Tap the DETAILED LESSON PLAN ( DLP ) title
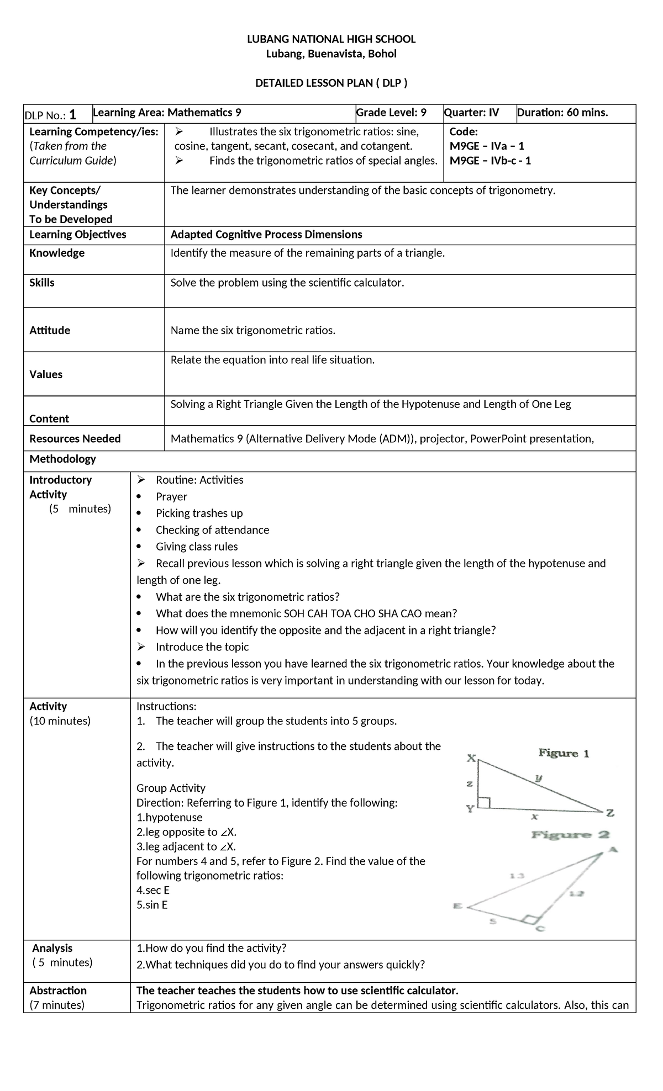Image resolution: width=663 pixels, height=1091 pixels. [331, 83]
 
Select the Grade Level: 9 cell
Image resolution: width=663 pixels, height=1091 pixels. [391, 113]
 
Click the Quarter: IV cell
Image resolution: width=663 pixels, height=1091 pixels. [471, 113]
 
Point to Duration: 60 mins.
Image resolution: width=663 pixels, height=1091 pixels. [562, 113]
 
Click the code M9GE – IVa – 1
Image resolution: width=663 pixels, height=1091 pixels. [487, 146]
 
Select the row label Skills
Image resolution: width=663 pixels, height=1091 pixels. [42, 283]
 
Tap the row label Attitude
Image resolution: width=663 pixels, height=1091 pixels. [50, 330]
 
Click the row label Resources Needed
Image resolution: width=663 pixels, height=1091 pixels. [75, 439]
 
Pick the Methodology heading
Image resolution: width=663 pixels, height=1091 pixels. [62, 459]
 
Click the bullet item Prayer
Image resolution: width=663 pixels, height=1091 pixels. [171, 497]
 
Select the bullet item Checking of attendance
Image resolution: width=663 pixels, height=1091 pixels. [212, 530]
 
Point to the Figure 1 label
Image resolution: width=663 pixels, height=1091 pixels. [564, 753]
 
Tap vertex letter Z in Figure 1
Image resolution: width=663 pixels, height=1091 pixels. [610, 813]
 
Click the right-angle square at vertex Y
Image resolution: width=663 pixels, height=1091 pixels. [485, 803]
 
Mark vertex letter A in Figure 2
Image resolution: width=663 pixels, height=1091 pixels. [612, 850]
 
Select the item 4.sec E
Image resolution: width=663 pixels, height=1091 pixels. [153, 890]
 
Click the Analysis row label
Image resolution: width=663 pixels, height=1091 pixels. [52, 948]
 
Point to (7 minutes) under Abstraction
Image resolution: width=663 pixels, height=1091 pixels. [57, 1004]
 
